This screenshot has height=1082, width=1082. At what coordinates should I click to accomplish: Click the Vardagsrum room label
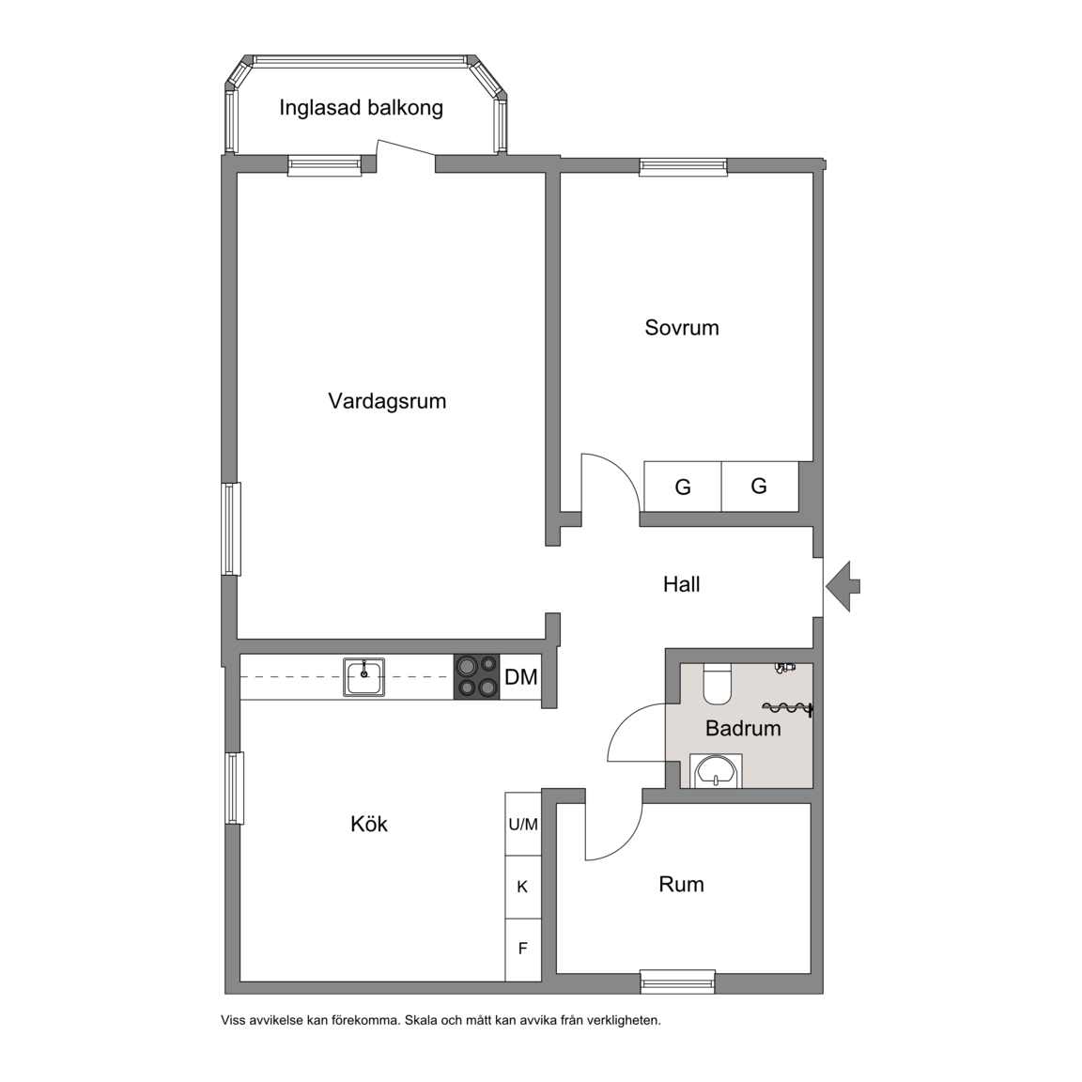click(x=387, y=401)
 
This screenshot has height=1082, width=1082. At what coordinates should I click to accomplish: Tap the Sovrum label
click(x=682, y=327)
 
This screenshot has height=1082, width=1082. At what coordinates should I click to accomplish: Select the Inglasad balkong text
click(x=361, y=108)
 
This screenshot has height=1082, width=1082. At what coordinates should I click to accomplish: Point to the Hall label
click(x=682, y=584)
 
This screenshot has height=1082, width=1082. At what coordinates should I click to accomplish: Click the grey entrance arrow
click(x=842, y=586)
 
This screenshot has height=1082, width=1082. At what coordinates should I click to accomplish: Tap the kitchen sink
click(x=364, y=677)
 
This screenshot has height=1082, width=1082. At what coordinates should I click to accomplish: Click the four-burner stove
click(x=476, y=677)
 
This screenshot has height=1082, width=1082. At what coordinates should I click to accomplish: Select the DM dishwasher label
click(x=521, y=677)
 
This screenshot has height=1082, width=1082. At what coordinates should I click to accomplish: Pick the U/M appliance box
click(x=523, y=824)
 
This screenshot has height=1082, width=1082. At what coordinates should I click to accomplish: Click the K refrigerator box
click(x=523, y=887)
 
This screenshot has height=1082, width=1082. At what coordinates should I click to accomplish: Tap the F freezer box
click(x=523, y=950)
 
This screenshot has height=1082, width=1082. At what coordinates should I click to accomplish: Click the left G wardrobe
click(x=683, y=487)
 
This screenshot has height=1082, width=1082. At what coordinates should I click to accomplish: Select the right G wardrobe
click(x=760, y=487)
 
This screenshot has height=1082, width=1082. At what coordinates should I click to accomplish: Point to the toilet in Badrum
click(x=717, y=684)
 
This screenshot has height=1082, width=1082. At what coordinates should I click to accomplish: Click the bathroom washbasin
click(x=717, y=771)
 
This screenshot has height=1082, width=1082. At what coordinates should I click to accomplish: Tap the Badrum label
click(x=743, y=728)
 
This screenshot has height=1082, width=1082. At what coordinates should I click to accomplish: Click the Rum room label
click(x=682, y=884)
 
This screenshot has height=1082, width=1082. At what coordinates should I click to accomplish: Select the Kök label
click(x=369, y=824)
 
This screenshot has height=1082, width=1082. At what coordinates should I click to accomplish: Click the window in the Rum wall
click(x=677, y=982)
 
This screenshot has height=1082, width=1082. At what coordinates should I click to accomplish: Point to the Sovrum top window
click(x=683, y=166)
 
